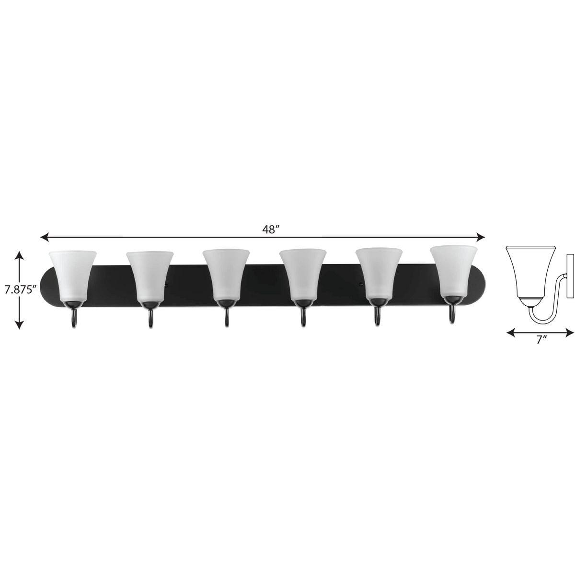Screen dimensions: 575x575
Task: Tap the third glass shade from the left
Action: pos(225,276)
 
